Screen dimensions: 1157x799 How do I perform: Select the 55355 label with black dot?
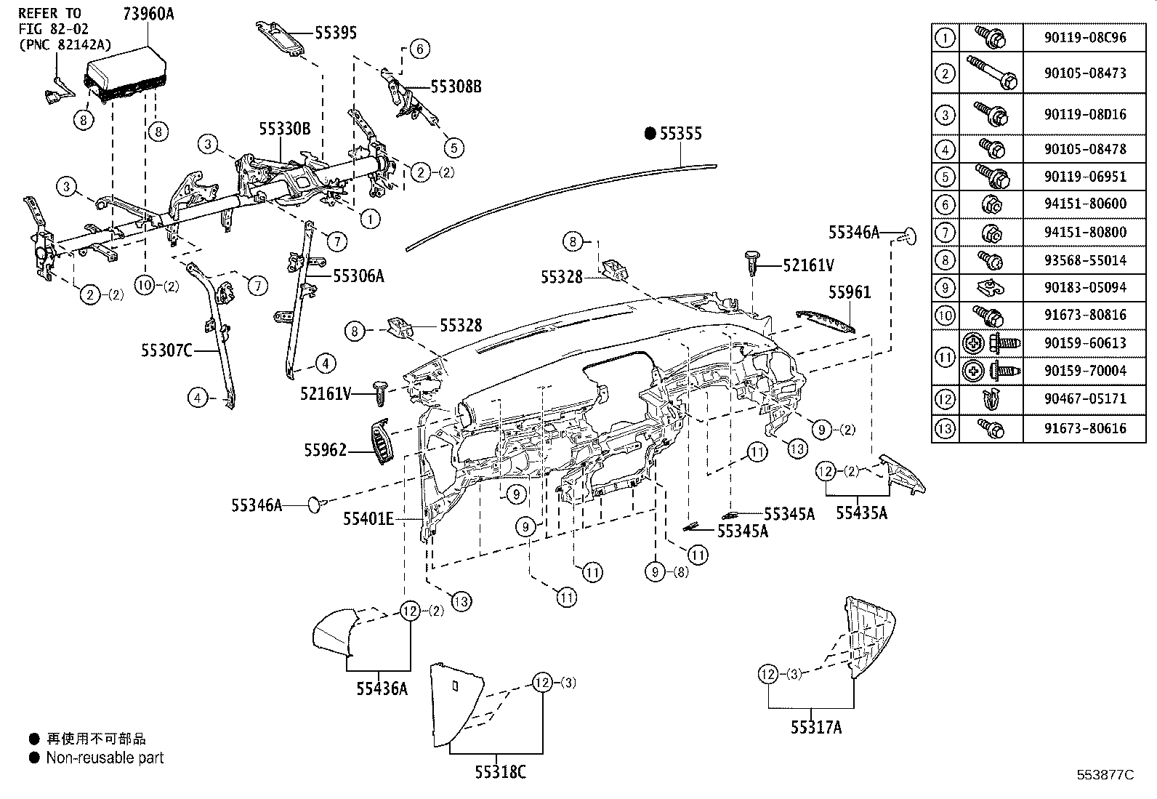click(674, 134)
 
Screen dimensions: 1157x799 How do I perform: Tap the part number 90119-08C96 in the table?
click(1085, 37)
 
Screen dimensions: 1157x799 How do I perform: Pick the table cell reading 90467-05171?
click(1085, 398)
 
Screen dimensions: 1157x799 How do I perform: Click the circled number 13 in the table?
click(945, 428)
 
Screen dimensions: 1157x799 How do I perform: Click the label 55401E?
click(368, 519)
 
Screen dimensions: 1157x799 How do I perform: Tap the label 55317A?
click(816, 727)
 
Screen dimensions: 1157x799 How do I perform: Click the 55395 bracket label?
click(335, 33)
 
